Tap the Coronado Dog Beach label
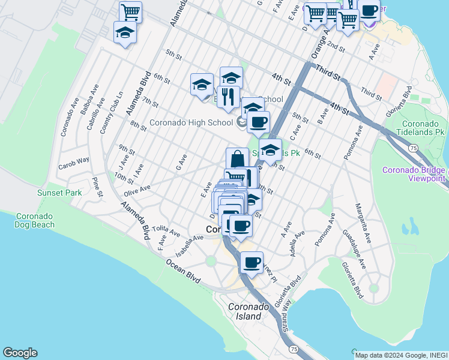click(x=35, y=220)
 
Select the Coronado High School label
click(x=191, y=122)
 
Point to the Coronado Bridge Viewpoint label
click(x=414, y=174)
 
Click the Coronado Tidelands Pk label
click(x=423, y=127)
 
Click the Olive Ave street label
click(x=137, y=191)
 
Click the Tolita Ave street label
click(x=166, y=231)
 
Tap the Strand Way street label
click(x=285, y=317)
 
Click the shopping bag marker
click(x=237, y=159)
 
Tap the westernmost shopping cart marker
click(x=130, y=11)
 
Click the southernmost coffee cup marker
click(x=252, y=262)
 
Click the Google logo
click(x=20, y=353)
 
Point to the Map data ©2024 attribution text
click(x=400, y=355)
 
